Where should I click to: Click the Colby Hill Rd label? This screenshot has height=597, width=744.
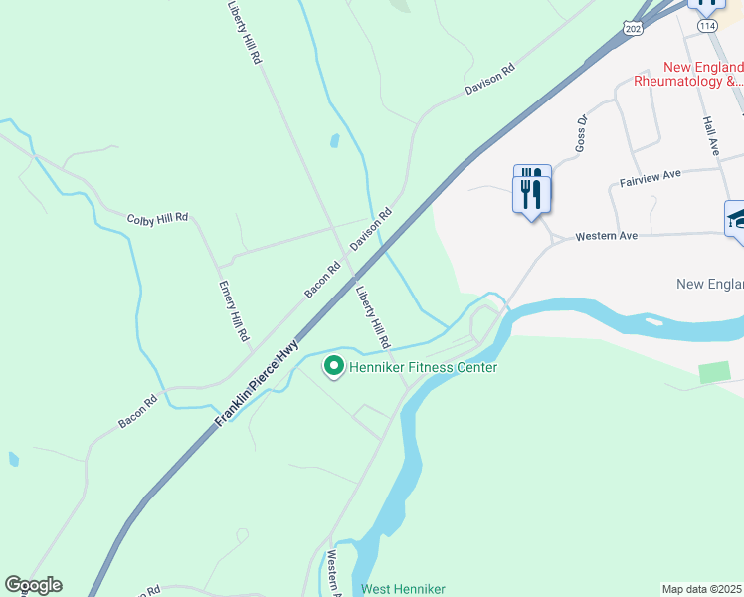(x=158, y=218)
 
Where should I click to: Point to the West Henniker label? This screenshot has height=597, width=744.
(x=403, y=589)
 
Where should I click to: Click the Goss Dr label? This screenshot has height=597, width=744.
(x=582, y=133)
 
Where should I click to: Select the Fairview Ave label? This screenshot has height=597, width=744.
(x=650, y=178)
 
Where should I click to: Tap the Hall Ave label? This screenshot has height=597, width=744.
(x=710, y=133)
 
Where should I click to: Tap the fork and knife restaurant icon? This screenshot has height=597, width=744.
(x=532, y=188)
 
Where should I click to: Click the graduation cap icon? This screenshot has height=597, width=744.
(x=737, y=219)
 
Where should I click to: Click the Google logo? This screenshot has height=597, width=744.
(x=33, y=585)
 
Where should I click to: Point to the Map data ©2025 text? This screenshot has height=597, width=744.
(x=702, y=589)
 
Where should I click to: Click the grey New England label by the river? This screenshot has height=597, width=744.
(x=709, y=284)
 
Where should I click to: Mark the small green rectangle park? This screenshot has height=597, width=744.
(x=714, y=372)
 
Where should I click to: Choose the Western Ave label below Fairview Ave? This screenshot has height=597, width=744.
(x=607, y=237)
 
